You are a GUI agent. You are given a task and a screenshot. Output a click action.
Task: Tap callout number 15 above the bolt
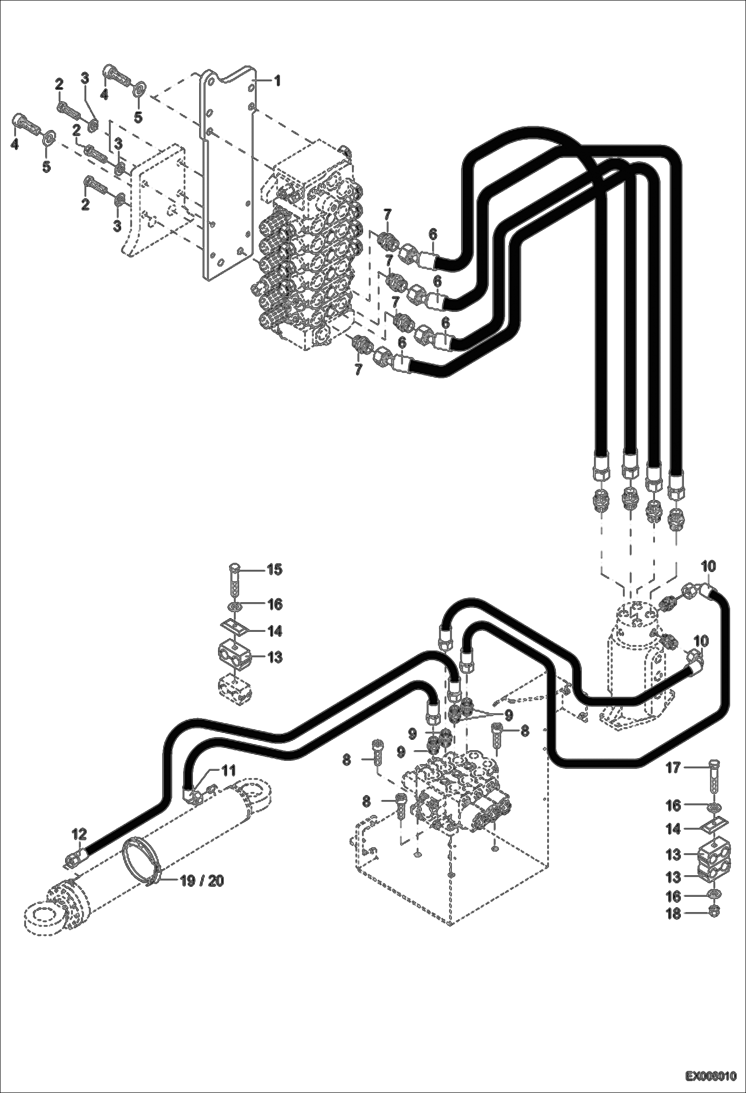pyautogui.click(x=274, y=569)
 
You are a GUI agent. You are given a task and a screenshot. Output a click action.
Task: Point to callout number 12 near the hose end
pyautogui.click(x=79, y=833)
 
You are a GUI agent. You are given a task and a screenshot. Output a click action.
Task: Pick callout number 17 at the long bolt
pyautogui.click(x=673, y=768)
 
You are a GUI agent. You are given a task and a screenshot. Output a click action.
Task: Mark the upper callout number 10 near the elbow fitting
pyautogui.click(x=709, y=566)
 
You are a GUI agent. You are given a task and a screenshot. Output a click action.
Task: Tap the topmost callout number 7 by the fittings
pyautogui.click(x=387, y=214)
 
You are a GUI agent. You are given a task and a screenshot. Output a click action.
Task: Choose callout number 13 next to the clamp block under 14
pyautogui.click(x=274, y=658)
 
